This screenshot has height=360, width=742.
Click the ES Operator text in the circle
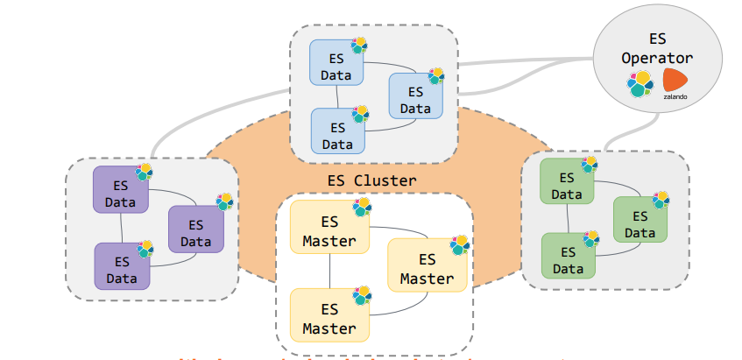point(657,49)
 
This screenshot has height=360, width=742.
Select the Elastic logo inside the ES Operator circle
point(640,85)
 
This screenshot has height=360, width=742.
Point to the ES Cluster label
point(371,180)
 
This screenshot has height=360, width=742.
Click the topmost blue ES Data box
point(336,67)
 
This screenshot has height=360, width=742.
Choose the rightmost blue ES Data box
point(415,99)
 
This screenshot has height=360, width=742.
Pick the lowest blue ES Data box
point(338,134)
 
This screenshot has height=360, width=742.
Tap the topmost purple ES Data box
point(120,193)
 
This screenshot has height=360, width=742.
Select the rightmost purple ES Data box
point(195,231)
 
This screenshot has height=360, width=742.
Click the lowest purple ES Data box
point(121,269)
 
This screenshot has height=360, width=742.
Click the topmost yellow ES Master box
point(329,230)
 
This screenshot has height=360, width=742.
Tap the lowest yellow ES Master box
point(329,319)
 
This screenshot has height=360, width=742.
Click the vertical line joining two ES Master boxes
point(329,273)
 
